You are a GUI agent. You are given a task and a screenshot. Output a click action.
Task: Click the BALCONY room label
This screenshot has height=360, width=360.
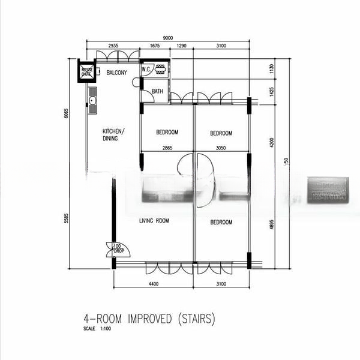pyautogui.click(x=116, y=73)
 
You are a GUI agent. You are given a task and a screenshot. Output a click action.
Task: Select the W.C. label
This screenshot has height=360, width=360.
pyautogui.click(x=146, y=70)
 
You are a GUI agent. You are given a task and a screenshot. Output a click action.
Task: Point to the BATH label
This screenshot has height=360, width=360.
pyautogui.click(x=157, y=91)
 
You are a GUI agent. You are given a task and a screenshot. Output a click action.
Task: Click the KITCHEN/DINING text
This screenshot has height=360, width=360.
pyautogui.click(x=113, y=134)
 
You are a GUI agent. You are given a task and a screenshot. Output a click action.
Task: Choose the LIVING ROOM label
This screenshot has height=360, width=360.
pyautogui.click(x=154, y=221)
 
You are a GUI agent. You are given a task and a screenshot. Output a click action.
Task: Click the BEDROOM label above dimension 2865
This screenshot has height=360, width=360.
pyautogui.click(x=167, y=133)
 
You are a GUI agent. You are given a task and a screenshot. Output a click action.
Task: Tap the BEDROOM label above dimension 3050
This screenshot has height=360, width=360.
pyautogui.click(x=221, y=133)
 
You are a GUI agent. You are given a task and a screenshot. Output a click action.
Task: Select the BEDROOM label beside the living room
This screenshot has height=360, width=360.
pyautogui.click(x=221, y=223)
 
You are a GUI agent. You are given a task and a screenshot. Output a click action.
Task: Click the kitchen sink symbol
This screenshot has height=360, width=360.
pyautogui.click(x=92, y=100)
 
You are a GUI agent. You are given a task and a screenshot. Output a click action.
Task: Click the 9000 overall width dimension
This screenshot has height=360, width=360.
pyautogui.click(x=168, y=38)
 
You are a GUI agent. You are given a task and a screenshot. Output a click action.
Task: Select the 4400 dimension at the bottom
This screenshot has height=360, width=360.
pyautogui.click(x=154, y=284)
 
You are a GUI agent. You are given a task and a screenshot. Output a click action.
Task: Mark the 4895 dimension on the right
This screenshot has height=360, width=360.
pyautogui.click(x=271, y=223)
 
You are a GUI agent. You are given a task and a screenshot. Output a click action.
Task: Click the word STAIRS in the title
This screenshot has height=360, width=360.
pyautogui.click(x=193, y=320)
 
